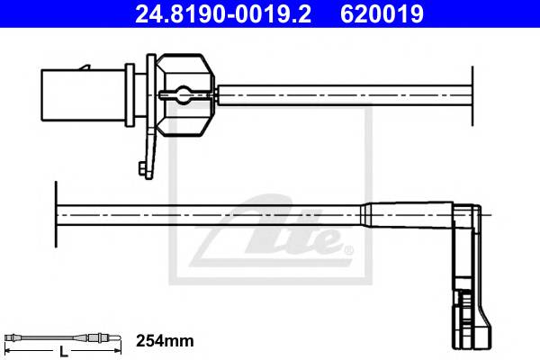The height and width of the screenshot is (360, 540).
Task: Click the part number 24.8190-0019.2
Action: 223,13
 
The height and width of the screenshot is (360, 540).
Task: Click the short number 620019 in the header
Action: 382,13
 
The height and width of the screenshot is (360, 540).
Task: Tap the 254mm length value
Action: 165,341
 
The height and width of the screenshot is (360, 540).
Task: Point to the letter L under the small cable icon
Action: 63,351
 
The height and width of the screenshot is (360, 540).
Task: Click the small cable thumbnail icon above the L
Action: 63,337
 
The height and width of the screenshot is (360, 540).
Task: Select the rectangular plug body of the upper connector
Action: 84,95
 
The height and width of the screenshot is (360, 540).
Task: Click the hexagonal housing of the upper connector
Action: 185,94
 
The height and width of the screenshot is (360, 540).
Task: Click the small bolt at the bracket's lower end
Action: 142,169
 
